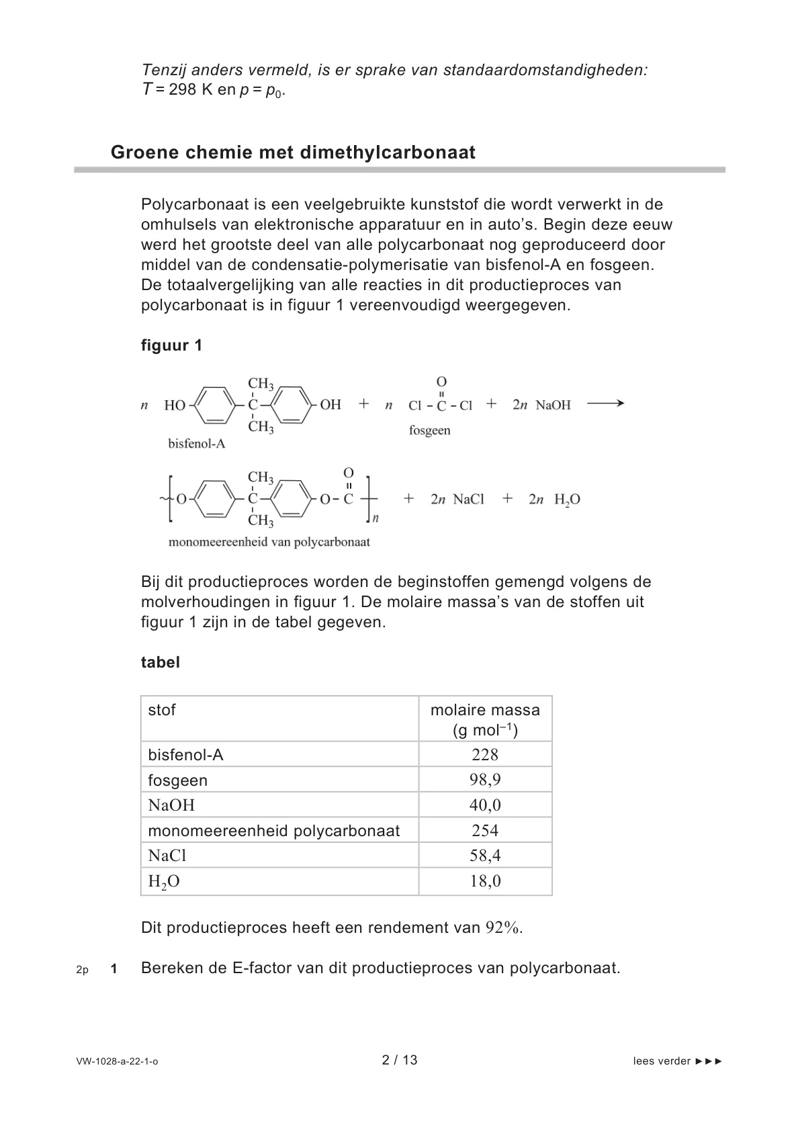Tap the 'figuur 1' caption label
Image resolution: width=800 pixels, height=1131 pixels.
171,346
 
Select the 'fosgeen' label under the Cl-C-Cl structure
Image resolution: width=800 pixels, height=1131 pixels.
429,431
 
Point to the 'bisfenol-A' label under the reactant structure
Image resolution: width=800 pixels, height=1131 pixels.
196,444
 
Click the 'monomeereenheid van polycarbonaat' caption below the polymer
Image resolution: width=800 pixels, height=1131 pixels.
269,542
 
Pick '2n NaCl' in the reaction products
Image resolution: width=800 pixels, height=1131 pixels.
457,499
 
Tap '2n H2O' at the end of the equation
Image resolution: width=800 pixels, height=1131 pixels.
554,499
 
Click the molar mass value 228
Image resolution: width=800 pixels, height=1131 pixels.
485,754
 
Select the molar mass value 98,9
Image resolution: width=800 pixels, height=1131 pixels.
485,780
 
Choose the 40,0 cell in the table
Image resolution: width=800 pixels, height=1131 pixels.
485,805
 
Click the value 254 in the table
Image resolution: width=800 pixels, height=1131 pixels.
485,830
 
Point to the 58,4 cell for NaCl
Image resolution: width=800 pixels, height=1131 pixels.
485,855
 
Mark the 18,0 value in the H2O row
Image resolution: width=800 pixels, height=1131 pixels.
485,880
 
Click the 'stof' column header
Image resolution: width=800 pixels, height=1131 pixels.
162,710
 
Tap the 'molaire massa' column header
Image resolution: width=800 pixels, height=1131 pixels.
485,711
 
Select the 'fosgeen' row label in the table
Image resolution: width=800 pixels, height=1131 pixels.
178,780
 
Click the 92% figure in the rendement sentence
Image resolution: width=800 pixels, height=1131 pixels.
503,928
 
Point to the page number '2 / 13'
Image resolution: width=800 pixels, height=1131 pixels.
400,1060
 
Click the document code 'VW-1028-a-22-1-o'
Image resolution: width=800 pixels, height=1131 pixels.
118,1062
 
